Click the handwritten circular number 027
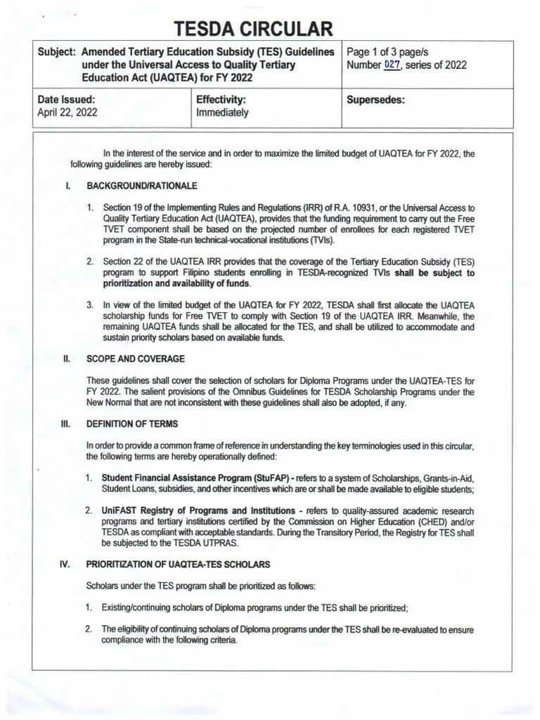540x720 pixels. [392, 65]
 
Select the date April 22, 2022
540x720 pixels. [67, 112]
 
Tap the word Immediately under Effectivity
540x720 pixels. [222, 112]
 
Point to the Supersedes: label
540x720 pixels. [376, 99]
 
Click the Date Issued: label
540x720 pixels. [65, 99]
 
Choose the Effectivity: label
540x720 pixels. [221, 99]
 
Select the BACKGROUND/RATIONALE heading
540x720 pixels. [142, 186]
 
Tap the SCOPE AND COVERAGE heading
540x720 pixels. [136, 359]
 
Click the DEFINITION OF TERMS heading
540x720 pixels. [132, 423]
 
